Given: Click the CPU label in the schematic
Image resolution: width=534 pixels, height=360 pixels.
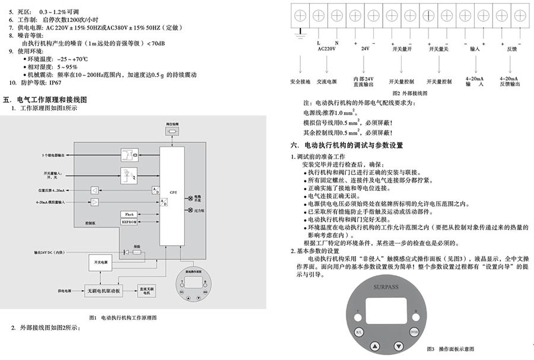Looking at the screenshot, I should pyautogui.click(x=173, y=193).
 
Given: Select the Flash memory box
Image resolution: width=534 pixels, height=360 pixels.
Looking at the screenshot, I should pyautogui.click(x=129, y=213).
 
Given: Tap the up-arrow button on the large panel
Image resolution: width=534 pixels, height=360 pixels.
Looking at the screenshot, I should pyautogui.click(x=374, y=346).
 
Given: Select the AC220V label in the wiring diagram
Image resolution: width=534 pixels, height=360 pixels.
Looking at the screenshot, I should pyautogui.click(x=326, y=50).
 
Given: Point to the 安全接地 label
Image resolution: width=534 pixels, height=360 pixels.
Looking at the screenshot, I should pyautogui.click(x=300, y=81).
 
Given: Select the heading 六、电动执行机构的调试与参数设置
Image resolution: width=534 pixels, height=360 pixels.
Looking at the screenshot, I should pyautogui.click(x=347, y=144).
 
